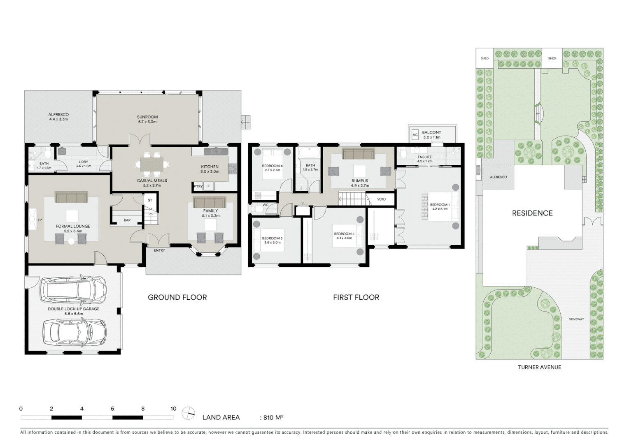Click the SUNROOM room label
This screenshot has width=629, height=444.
click(147, 117)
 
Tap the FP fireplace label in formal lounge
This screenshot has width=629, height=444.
click(40, 220)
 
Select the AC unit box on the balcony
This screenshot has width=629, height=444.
click(415, 135)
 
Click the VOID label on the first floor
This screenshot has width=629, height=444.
click(381, 199)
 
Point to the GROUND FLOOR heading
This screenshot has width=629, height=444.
click(177, 297)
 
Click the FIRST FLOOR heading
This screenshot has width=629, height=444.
click(356, 297)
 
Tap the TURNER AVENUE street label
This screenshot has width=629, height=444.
click(539, 367)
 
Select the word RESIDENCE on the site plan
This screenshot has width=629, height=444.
click(532, 213)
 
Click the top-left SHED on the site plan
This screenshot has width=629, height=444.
click(485, 58)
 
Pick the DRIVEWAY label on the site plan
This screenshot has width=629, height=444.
click(576, 319)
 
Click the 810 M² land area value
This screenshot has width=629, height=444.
click(272, 417)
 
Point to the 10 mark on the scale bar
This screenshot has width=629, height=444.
click(173, 409)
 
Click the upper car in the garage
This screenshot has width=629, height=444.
click(73, 290)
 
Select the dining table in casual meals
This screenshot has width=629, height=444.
click(151, 164)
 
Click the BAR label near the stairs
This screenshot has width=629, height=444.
click(127, 220)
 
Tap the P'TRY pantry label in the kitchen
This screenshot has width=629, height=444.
click(198, 187)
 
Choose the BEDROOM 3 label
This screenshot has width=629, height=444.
click(272, 238)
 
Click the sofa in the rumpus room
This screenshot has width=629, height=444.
click(358, 154)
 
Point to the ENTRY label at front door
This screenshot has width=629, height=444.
click(159, 250)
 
